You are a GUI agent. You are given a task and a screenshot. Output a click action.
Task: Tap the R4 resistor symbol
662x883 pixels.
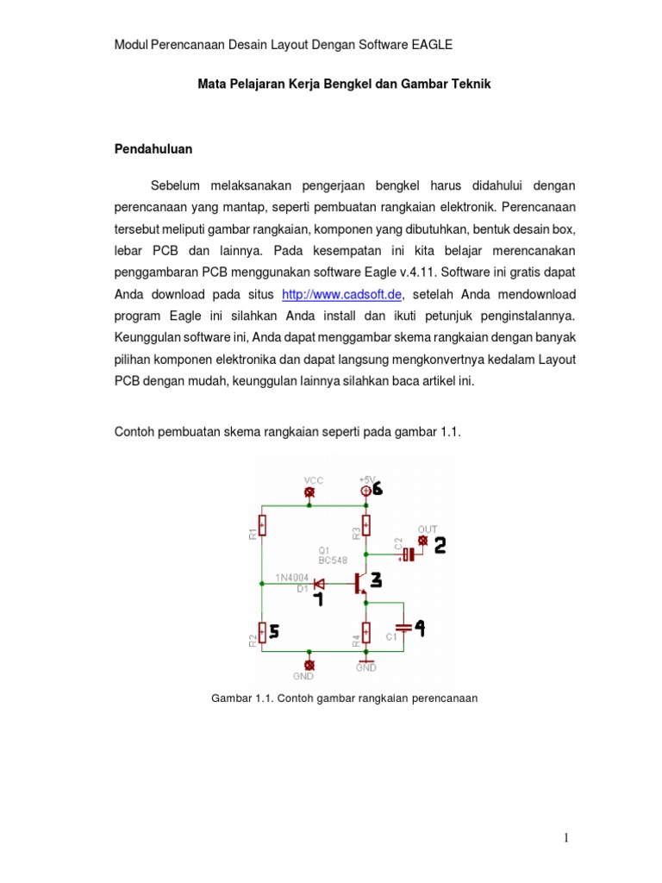coord(366,634)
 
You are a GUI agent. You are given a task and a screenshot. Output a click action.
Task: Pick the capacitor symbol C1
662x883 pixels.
coord(402,628)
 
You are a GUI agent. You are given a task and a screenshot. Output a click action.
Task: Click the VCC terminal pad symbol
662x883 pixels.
coord(310,492)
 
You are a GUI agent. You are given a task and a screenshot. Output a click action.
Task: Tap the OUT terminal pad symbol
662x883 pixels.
coord(422,541)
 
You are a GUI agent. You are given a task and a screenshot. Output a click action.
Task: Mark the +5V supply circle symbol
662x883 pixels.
coord(365,491)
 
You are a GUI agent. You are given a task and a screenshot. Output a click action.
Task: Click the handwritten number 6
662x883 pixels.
coord(378,489)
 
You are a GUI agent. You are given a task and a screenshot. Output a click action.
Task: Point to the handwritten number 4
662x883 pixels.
coord(420,629)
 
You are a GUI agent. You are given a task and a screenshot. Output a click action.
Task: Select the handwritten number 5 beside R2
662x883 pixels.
coord(274,632)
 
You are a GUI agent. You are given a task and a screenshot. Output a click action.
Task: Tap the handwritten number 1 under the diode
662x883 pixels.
coord(318,598)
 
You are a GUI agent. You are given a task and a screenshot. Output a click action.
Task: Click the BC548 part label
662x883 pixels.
coord(331,560)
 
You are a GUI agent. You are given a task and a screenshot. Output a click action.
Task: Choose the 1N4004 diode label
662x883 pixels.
coord(293,578)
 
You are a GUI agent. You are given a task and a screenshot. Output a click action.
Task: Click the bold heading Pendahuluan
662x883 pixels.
coord(153,148)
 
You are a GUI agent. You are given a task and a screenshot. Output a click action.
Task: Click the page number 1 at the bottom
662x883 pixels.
coord(566,837)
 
